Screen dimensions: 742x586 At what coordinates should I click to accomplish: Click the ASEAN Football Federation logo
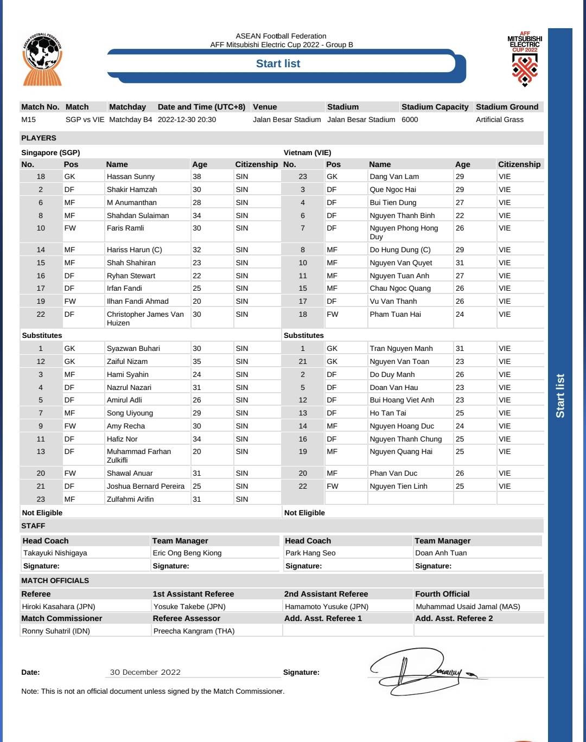coord(42,60)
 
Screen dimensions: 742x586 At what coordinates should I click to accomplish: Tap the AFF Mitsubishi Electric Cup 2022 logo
coord(525,60)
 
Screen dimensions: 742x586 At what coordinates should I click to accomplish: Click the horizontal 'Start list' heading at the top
coord(278,64)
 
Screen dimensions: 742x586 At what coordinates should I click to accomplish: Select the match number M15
coord(29,119)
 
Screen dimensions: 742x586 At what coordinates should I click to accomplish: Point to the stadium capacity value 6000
coord(410,119)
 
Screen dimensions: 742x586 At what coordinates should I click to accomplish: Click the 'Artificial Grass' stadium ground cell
coord(500,119)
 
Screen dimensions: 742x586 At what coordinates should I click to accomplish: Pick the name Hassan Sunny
coord(131,176)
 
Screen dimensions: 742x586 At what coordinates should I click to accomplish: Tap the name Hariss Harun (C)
coord(134,250)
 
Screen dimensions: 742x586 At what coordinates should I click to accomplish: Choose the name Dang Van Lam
coord(394,176)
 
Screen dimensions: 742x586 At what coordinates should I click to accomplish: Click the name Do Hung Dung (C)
coord(400,250)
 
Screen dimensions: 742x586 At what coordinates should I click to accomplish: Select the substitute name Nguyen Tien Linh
coord(398,486)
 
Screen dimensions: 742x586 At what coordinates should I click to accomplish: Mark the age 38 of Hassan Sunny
coord(196,176)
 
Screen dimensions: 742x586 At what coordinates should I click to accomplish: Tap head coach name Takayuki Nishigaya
coord(55,553)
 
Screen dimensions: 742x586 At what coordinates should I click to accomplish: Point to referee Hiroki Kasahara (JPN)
coord(59,606)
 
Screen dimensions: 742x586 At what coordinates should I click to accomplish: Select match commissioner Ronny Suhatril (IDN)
coord(56,631)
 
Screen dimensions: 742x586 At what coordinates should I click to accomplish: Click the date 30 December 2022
coord(145,672)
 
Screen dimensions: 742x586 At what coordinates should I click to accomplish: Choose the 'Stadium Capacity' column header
coord(435,107)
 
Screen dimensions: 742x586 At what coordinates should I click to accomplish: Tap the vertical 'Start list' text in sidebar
coord(560,395)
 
